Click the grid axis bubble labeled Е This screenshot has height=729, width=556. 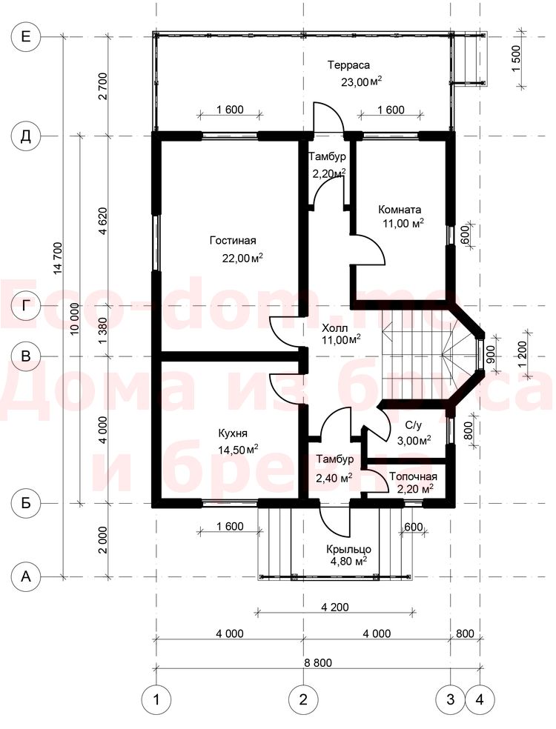tap(26, 36)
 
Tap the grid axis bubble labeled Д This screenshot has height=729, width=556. tap(26, 136)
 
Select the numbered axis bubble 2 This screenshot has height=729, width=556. tap(303, 699)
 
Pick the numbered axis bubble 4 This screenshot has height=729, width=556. tap(480, 699)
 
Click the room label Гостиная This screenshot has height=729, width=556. tap(233, 240)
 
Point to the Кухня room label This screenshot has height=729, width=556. tap(233, 433)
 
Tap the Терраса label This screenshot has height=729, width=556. tap(348, 64)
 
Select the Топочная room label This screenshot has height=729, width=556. tap(413, 476)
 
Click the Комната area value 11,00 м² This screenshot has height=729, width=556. tap(403, 224)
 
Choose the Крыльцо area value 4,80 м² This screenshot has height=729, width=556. tap(348, 560)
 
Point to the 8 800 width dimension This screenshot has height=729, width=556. tap(318, 662)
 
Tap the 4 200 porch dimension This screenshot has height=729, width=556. tap(334, 607)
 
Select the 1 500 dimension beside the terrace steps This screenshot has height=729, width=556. tap(516, 58)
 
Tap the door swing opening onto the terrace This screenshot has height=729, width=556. tap(328, 117)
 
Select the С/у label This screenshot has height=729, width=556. tap(413, 425)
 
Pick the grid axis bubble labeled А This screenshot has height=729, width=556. tap(26, 576)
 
